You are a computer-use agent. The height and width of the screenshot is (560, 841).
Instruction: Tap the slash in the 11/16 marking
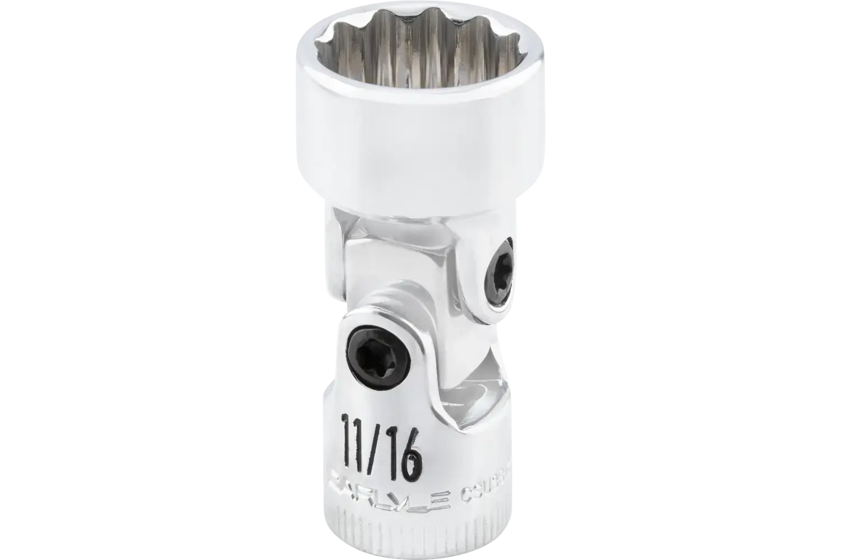379,442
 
